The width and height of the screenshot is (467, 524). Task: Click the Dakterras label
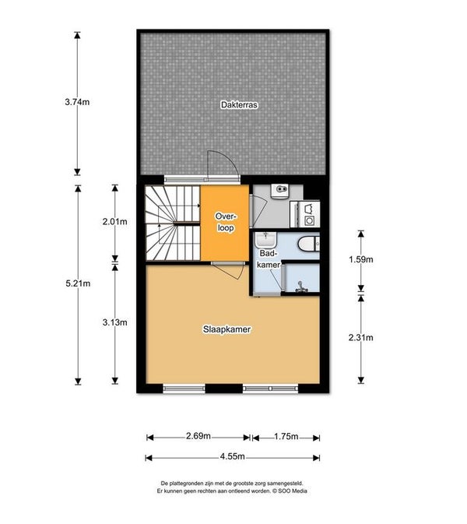coord(239,105)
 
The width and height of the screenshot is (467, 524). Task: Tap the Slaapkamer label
coord(226,329)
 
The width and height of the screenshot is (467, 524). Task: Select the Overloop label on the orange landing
coord(226,222)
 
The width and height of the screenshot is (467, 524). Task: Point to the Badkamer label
coord(269,258)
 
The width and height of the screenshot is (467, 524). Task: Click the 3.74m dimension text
coord(77,102)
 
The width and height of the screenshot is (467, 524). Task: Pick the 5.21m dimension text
coord(78,283)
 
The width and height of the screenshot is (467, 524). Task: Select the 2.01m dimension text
coord(115,221)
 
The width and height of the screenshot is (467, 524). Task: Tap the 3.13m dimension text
coord(115,322)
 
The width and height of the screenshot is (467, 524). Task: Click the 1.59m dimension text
coord(361,259)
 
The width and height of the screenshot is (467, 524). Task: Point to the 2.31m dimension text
coord(361,338)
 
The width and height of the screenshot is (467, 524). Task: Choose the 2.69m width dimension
coord(198,436)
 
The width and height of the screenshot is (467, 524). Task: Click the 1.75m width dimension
coord(286,436)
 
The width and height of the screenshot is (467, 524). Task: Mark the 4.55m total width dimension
coord(233,456)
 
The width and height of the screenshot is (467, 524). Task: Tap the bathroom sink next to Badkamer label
coord(265,240)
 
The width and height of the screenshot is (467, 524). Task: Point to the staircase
coord(173,223)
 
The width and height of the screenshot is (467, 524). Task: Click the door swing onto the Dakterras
coord(223,165)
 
